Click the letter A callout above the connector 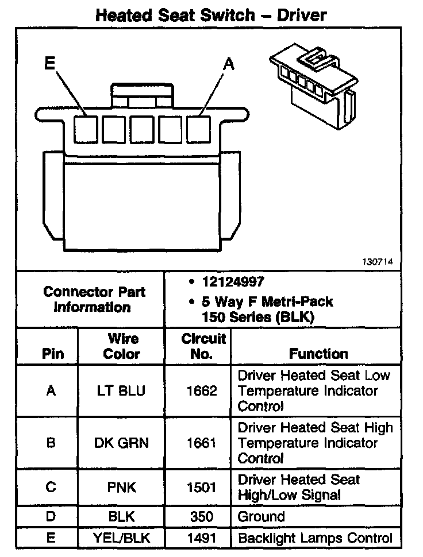229,64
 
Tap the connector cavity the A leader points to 199,129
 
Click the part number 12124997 232,282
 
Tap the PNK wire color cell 121,488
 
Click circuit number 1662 201,391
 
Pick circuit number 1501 201,488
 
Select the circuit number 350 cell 201,517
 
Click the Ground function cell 262,517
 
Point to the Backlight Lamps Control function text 316,538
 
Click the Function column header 318,354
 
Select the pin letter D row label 51,517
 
